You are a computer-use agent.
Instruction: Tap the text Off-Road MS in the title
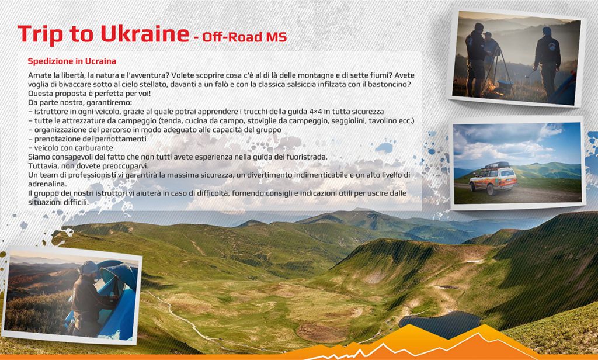[x=245, y=37]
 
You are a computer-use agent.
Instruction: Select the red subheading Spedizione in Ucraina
[x=72, y=61]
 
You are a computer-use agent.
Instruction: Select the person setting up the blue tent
[x=92, y=298]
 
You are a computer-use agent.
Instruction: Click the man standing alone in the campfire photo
[x=547, y=63]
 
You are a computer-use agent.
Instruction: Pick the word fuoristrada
[x=308, y=157]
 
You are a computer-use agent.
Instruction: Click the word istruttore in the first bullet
[x=50, y=112]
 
